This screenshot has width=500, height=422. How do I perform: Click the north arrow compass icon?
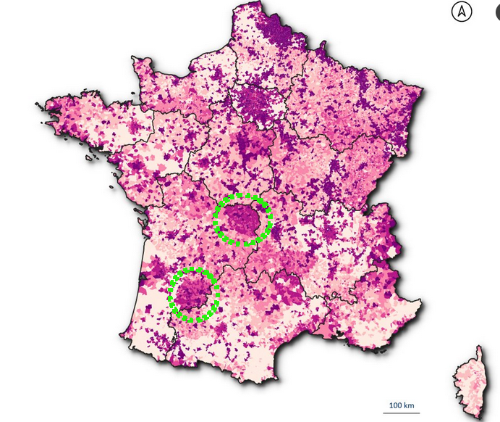click(x=462, y=12)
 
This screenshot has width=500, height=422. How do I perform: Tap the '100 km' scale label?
click(x=401, y=404)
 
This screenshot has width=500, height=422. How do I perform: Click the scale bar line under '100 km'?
click(x=401, y=411)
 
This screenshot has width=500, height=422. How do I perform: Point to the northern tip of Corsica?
click(x=478, y=347)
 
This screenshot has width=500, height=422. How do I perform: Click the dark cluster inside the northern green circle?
click(x=242, y=218)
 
